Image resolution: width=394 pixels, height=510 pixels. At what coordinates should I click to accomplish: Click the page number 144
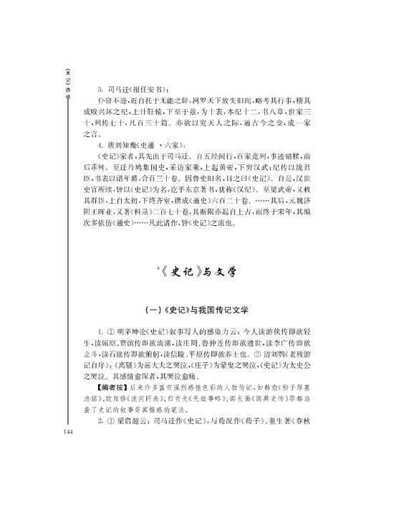pyautogui.click(x=69, y=412)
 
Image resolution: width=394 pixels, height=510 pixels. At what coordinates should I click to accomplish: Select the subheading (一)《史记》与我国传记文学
pyautogui.click(x=196, y=310)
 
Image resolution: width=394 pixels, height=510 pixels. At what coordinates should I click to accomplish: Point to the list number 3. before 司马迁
pyautogui.click(x=100, y=89)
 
